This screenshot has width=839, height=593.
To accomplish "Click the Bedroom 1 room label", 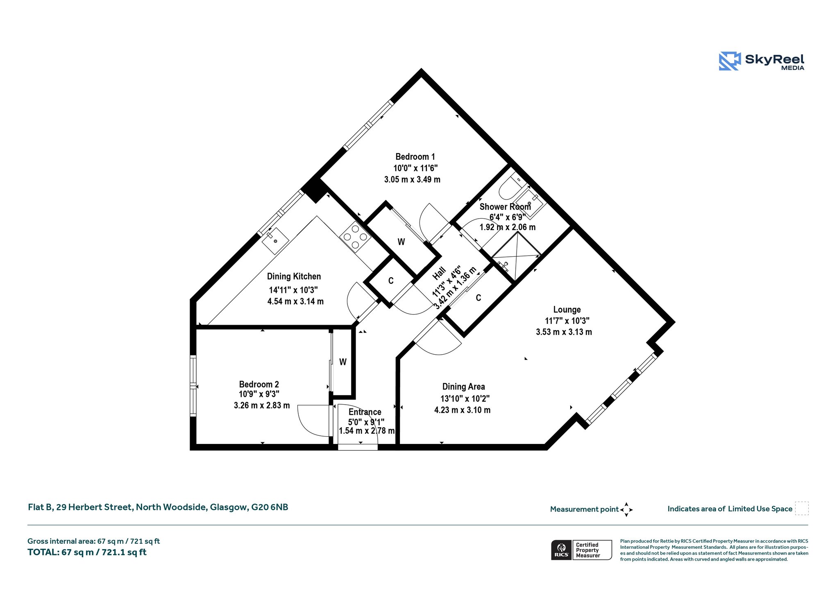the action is [415, 157].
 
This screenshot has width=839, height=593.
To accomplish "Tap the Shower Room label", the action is [505, 207].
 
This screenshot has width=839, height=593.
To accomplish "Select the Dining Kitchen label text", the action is [294, 276].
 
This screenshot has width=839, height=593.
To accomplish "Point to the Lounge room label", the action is [567, 310].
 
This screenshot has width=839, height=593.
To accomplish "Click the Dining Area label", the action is [463, 387].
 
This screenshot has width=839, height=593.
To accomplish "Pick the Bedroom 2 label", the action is [259, 384].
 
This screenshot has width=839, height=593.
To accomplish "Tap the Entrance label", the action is [365, 412].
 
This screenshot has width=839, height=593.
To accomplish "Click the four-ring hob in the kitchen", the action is [355, 236].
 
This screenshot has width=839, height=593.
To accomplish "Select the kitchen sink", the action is [275, 240].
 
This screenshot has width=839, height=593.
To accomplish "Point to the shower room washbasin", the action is [528, 203].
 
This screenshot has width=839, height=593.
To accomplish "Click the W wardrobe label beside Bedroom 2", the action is [343, 362].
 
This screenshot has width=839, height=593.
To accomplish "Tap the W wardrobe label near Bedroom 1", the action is [401, 242].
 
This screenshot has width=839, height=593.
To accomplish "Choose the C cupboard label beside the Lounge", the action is [478, 298].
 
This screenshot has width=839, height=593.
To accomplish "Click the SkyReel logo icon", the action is [730, 61].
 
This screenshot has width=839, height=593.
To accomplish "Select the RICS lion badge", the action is [562, 550].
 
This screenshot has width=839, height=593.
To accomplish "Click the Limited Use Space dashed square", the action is [802, 508].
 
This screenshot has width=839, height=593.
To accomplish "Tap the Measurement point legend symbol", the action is [626, 509].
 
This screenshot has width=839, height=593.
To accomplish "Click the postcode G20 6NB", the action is [270, 507].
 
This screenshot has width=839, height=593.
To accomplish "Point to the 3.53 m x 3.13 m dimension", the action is [564, 332].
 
